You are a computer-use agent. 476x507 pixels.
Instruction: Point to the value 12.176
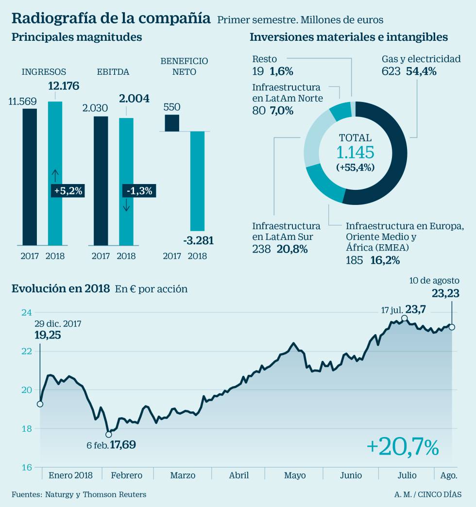(x=63, y=86)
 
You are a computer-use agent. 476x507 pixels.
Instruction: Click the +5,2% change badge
(x=68, y=191)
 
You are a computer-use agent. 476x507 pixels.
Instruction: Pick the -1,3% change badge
(x=139, y=191)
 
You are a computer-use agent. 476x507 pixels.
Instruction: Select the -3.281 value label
(x=198, y=240)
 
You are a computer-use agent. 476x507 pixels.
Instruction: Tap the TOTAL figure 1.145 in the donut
(x=355, y=152)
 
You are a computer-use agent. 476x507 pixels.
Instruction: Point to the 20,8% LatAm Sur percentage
(x=292, y=249)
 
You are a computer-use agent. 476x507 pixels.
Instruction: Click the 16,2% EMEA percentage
(x=385, y=260)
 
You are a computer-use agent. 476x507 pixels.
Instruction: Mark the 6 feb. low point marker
(x=109, y=434)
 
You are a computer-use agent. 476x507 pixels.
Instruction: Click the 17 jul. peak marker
(x=404, y=319)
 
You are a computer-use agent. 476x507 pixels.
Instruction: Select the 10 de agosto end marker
(x=452, y=327)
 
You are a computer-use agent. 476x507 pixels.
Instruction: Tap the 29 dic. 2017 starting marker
(x=40, y=404)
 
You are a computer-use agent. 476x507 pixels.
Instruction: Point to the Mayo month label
(x=295, y=475)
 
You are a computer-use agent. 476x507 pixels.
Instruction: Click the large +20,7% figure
(x=403, y=447)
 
